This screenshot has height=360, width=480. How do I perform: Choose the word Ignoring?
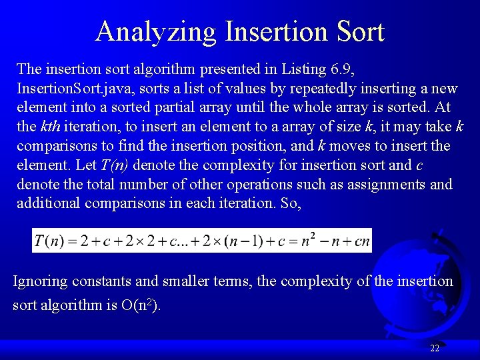(x=41, y=281)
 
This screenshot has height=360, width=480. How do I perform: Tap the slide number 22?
(x=435, y=348)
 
